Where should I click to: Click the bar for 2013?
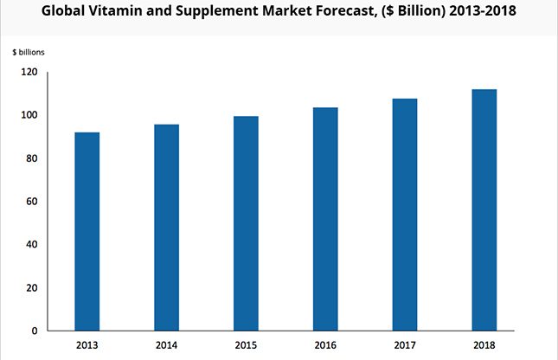(87, 231)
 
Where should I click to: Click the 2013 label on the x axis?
(87, 344)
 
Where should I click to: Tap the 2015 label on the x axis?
(246, 344)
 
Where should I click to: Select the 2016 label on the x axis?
(324, 344)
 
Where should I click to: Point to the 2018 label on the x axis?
(484, 344)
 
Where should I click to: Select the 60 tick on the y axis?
(32, 202)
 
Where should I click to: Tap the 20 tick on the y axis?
(32, 287)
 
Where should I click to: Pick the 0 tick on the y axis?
(35, 331)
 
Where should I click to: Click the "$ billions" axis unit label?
(29, 52)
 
